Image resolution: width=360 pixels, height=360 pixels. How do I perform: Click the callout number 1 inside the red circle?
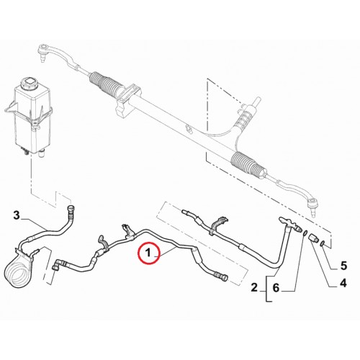click(x=148, y=253)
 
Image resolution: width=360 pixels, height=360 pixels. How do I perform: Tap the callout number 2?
click(x=254, y=287)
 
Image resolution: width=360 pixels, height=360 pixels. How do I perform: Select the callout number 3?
click(x=16, y=215)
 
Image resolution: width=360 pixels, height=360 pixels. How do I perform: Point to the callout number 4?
click(x=343, y=283)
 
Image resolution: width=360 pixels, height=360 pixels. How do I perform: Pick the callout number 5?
click(x=343, y=266)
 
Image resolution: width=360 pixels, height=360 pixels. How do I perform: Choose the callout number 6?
click(x=276, y=287)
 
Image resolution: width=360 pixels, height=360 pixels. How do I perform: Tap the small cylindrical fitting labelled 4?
click(x=313, y=238)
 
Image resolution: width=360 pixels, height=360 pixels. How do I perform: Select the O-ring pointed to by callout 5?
click(x=323, y=244)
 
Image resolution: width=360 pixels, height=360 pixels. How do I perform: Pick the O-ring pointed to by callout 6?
click(x=305, y=233)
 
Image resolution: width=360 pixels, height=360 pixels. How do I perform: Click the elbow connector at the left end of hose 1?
click(x=58, y=265)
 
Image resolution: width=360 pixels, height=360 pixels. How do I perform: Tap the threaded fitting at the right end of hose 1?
click(x=221, y=276)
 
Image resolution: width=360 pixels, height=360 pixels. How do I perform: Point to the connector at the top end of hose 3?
click(x=71, y=210)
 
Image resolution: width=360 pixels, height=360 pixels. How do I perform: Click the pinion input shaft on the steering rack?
click(x=256, y=102)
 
